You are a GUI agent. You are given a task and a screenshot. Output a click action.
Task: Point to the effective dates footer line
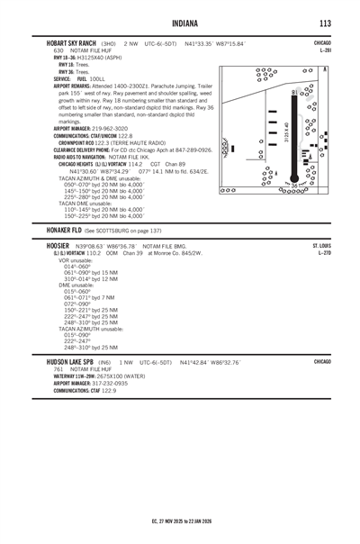click(180, 521)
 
